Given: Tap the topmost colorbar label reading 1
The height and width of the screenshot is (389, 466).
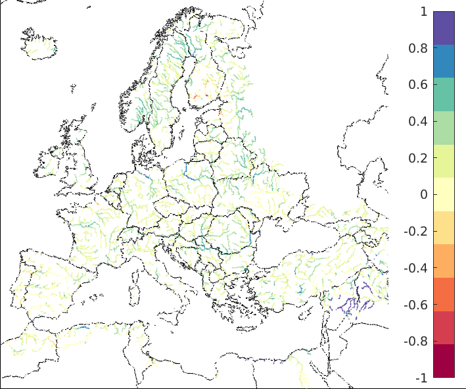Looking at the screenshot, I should point(423,12).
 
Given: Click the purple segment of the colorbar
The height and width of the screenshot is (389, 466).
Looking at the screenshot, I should point(444,28).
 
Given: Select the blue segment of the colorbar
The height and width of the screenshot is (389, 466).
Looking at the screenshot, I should point(444,61).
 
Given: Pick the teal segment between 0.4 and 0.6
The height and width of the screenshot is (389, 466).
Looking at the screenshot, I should point(444,94).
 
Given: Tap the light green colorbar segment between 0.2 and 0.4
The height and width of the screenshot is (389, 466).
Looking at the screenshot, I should point(444,128).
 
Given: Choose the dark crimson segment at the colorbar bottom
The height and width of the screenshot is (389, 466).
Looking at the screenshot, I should point(444,361).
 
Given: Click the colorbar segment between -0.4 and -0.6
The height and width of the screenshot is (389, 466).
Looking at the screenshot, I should point(444,294).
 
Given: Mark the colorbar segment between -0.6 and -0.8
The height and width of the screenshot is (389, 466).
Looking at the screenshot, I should point(444,327).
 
